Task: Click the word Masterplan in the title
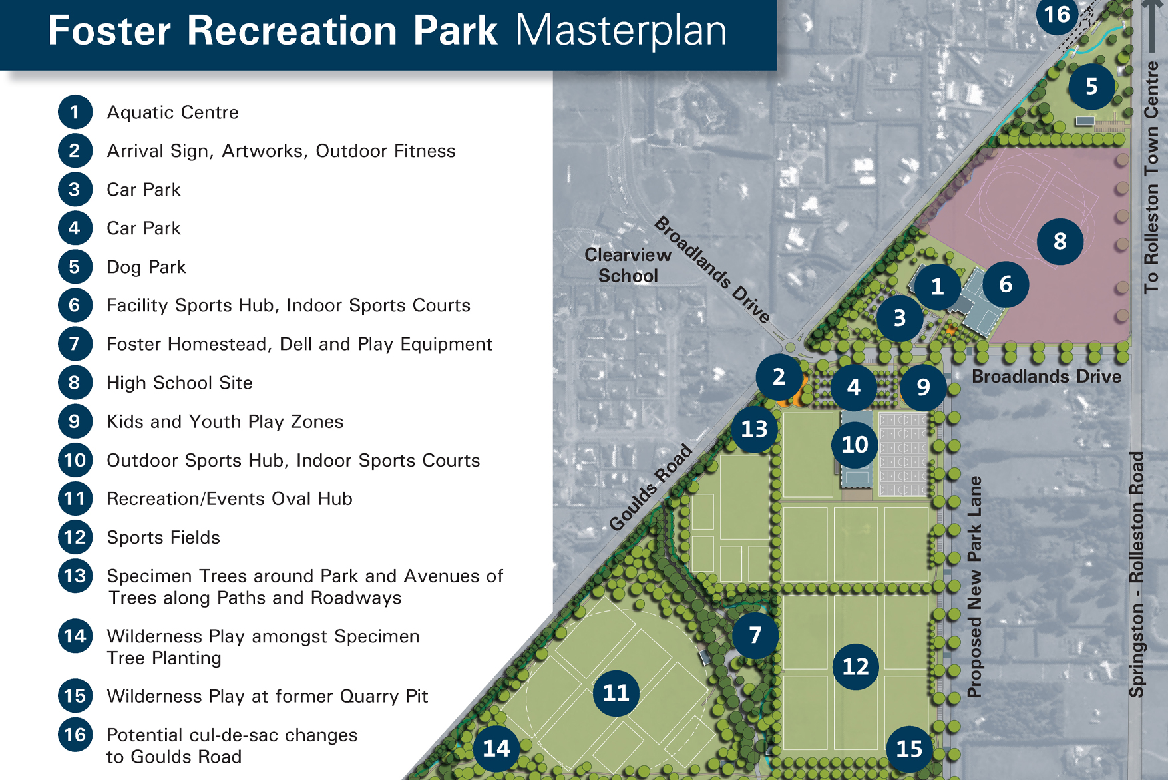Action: pyautogui.click(x=621, y=31)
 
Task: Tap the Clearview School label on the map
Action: pyautogui.click(x=628, y=265)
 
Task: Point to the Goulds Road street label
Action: pyautogui.click(x=651, y=488)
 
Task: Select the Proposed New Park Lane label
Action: pyautogui.click(x=974, y=586)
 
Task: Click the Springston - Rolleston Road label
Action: pyautogui.click(x=1136, y=574)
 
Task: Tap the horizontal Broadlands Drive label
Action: pyautogui.click(x=1046, y=377)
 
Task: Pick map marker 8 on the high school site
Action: pyautogui.click(x=1060, y=241)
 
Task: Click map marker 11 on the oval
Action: pyautogui.click(x=616, y=693)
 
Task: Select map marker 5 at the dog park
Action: pyautogui.click(x=1091, y=87)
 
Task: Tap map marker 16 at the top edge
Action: pyautogui.click(x=1057, y=15)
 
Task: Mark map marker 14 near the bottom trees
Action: pyautogui.click(x=496, y=748)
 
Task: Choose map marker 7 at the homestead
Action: pyautogui.click(x=755, y=635)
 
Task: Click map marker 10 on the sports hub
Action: pyautogui.click(x=855, y=444)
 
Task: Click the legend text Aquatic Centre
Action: pyautogui.click(x=172, y=112)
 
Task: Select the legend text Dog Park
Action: pyautogui.click(x=146, y=267)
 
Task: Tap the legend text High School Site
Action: pyautogui.click(x=180, y=383)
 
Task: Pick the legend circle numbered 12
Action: pyautogui.click(x=75, y=537)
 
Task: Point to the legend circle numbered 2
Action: pyautogui.click(x=75, y=151)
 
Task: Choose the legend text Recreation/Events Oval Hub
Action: pyautogui.click(x=230, y=498)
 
